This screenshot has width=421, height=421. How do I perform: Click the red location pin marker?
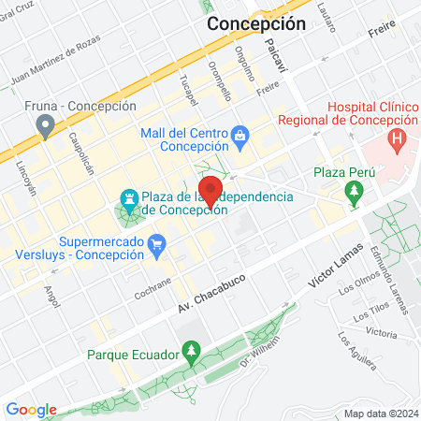pos(211,190)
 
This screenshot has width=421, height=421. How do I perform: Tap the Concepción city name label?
pos(255,24)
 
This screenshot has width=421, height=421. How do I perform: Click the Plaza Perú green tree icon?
pos(354,194)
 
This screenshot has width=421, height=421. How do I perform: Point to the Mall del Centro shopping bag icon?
pos(241,137)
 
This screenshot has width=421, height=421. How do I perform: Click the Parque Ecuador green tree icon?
pos(191,352)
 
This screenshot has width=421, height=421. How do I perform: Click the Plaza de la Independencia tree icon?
pos(129,200)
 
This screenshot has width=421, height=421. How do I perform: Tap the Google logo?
pos(31,410)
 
